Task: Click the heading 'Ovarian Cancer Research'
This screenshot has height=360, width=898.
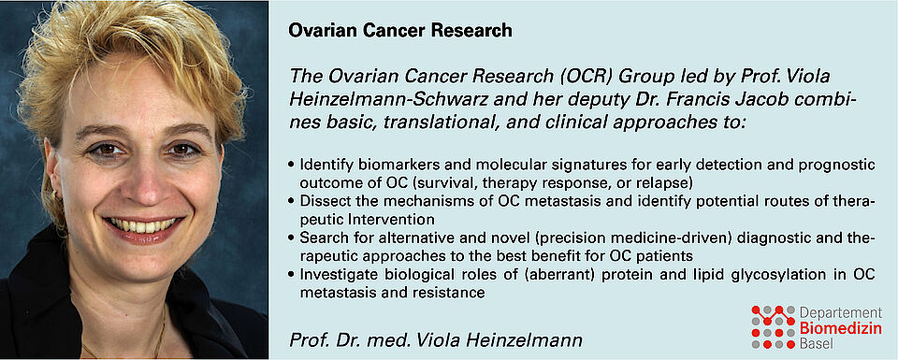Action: [x=400, y=30]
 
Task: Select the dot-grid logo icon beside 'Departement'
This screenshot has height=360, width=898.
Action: [x=774, y=326]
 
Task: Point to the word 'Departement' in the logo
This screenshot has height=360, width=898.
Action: [x=841, y=313]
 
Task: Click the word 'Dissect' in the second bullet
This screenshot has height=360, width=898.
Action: [x=321, y=203]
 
